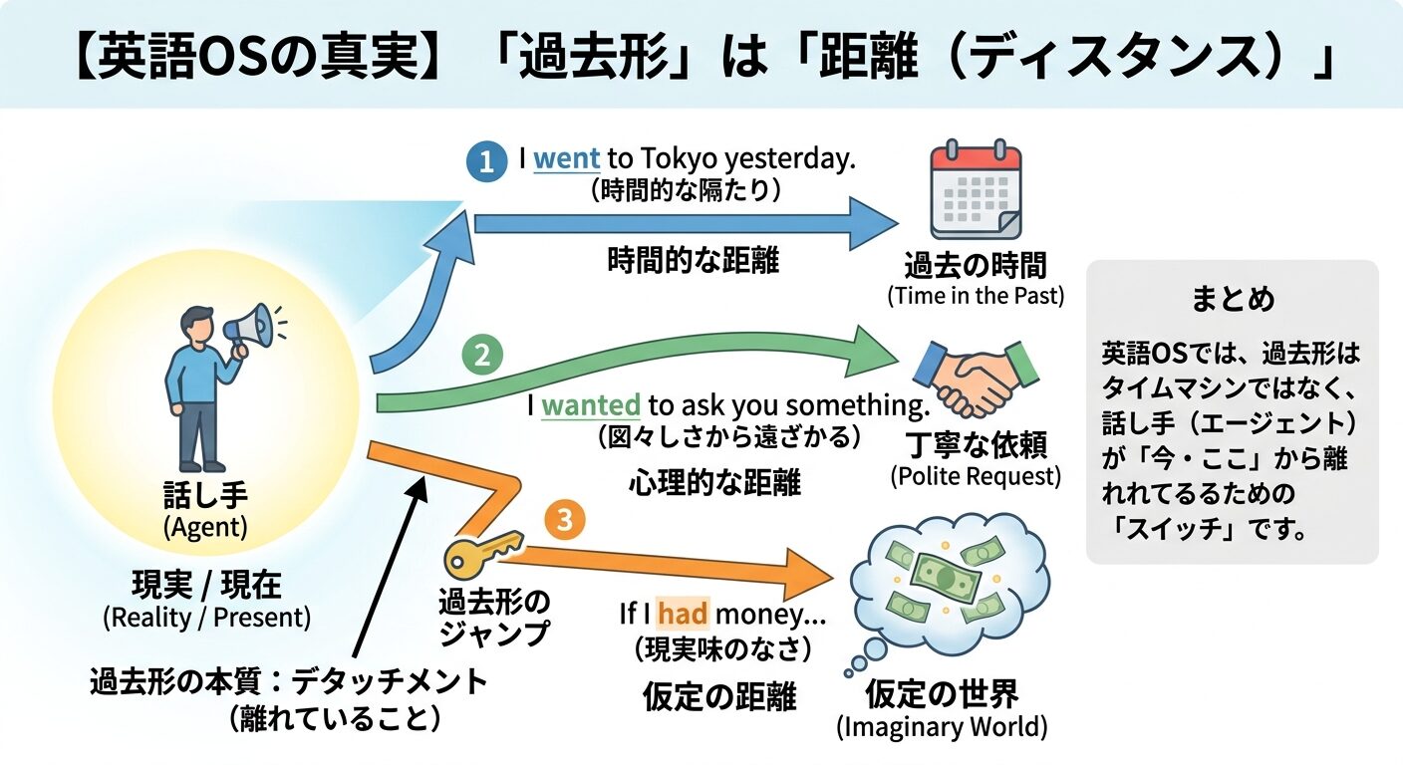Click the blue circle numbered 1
(x=485, y=162)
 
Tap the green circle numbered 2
(x=482, y=356)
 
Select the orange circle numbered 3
(x=565, y=520)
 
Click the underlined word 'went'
(x=567, y=159)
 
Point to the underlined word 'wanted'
(x=591, y=405)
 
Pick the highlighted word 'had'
(x=683, y=614)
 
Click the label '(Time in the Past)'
(x=975, y=296)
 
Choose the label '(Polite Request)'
(x=975, y=476)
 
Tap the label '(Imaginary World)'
(x=941, y=727)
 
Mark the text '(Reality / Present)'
(x=206, y=618)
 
